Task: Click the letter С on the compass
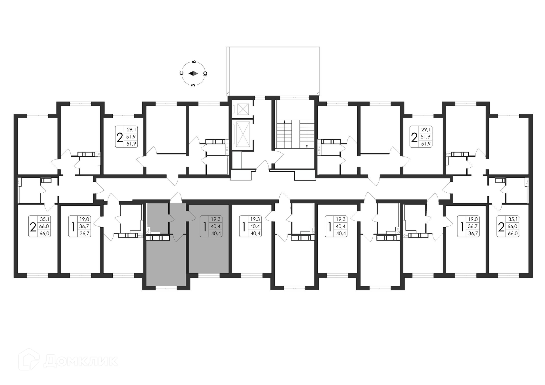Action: [x=182, y=73]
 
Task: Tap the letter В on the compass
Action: [x=194, y=62]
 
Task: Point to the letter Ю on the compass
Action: [x=205, y=74]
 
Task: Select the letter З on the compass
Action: [x=193, y=85]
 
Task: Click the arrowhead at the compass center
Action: [x=193, y=73]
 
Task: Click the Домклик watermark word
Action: [x=81, y=361]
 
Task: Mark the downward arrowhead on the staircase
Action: [x=307, y=146]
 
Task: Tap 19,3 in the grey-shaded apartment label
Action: [x=215, y=219]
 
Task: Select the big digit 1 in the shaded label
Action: [x=204, y=226]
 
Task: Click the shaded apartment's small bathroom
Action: [x=158, y=218]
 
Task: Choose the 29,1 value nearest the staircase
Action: [x=426, y=130]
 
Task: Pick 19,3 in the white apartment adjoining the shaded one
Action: [x=255, y=219]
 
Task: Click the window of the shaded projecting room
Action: [x=166, y=288]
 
